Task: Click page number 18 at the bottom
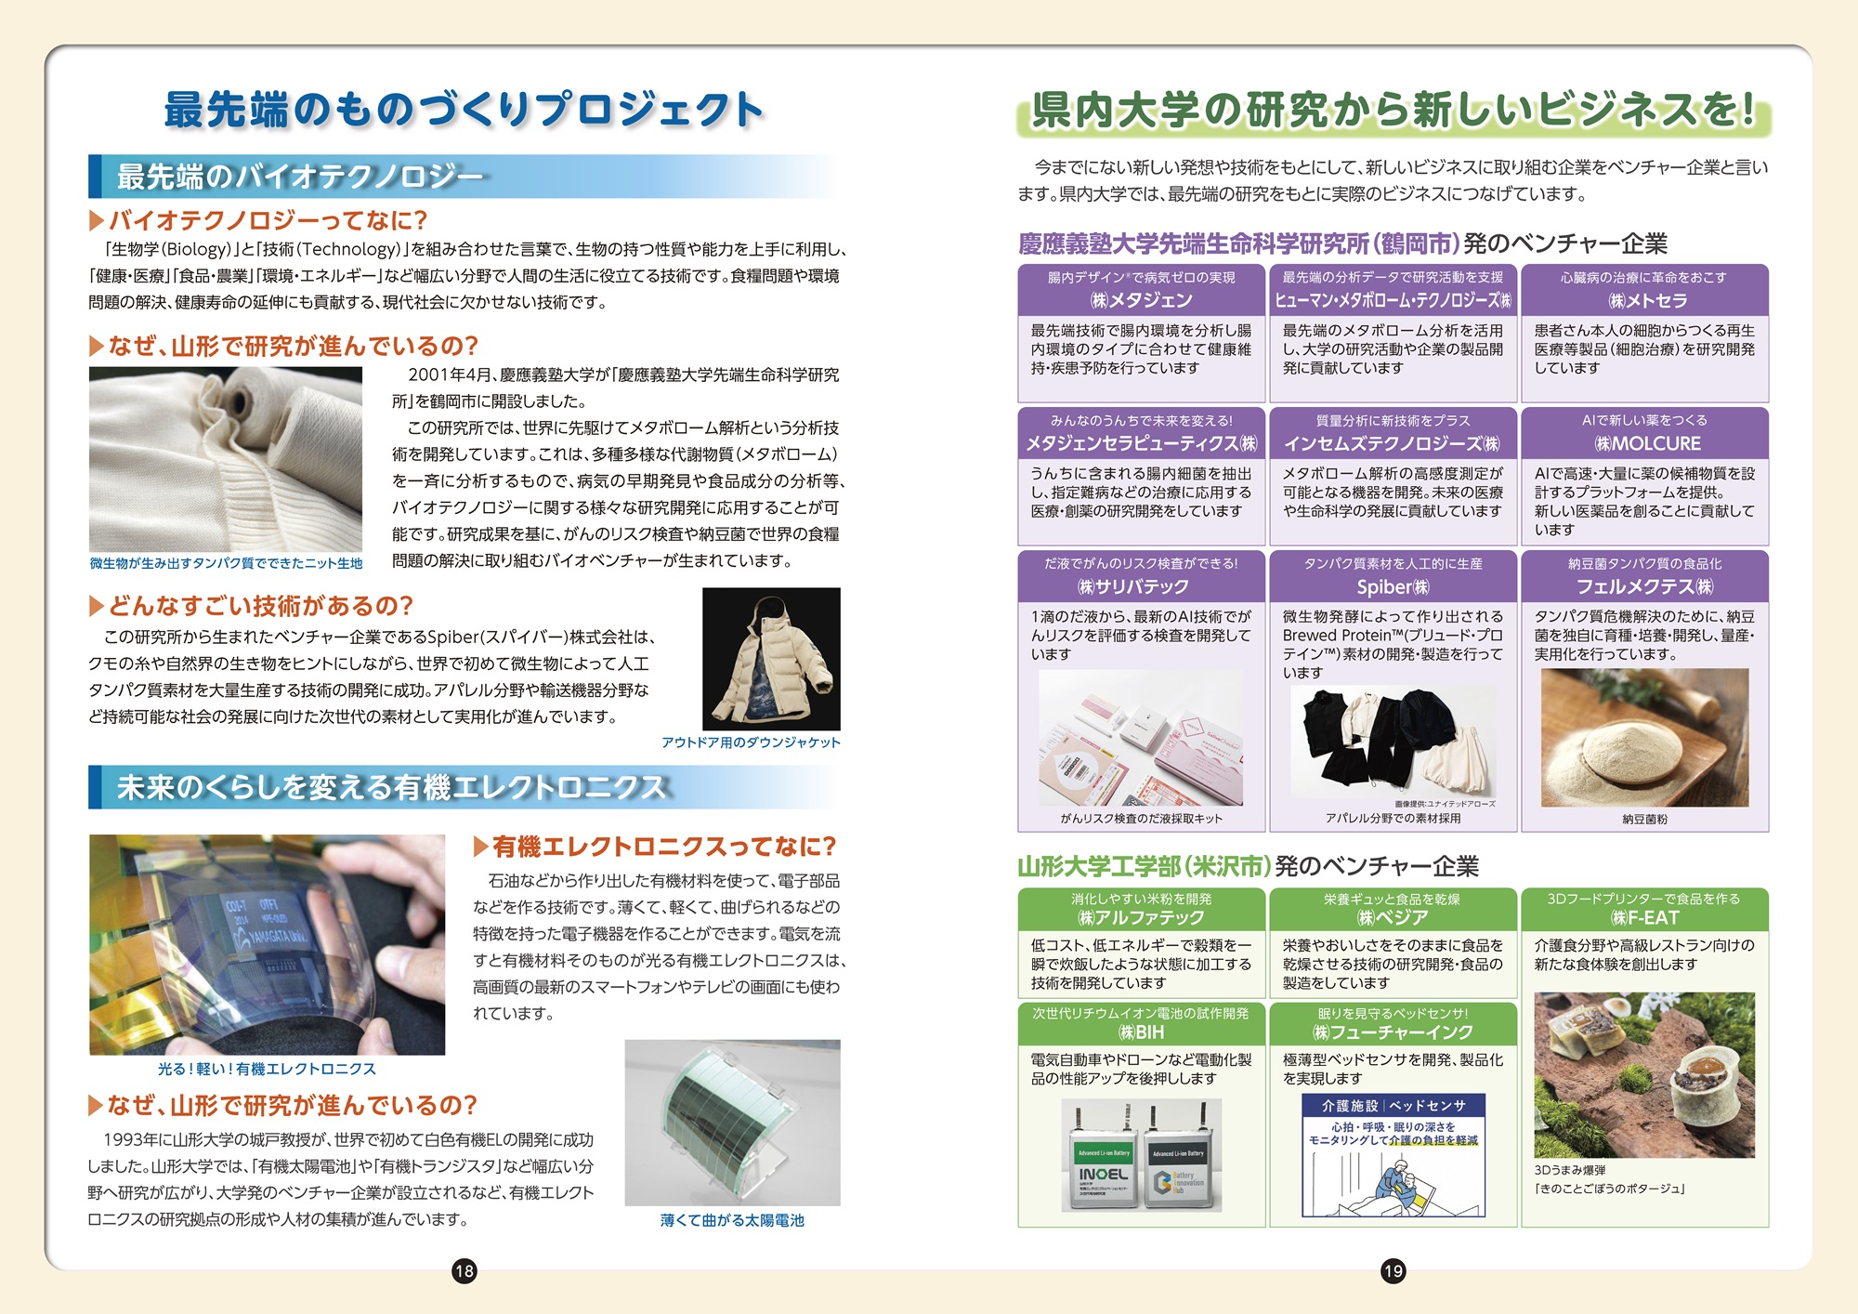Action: coord(464,1270)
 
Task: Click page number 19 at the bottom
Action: coord(1393,1270)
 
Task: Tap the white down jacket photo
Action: coord(771,659)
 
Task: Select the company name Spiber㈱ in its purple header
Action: coord(1393,586)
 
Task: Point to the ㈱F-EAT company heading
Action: coord(1644,918)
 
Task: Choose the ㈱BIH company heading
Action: coord(1141,1032)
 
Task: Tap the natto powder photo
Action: coord(1644,737)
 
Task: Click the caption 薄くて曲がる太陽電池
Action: coord(732,1220)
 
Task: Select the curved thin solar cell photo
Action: coord(732,1123)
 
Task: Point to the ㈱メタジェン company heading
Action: coord(1141,300)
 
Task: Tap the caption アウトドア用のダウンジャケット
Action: coord(751,742)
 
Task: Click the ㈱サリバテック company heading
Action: coord(1141,586)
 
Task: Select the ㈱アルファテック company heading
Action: coord(1141,918)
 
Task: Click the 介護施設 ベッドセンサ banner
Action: coord(1393,1105)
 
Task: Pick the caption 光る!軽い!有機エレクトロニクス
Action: coord(267,1069)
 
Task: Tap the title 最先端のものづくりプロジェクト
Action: coord(464,109)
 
